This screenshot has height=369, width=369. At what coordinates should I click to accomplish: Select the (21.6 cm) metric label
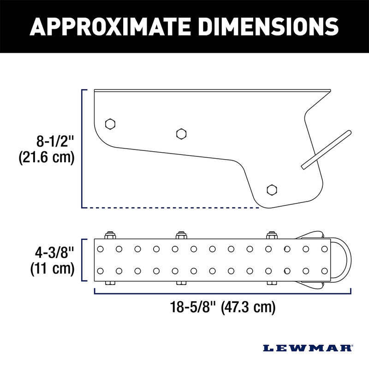(x=46, y=158)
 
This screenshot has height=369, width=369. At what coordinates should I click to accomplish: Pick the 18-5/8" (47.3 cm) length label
(x=222, y=306)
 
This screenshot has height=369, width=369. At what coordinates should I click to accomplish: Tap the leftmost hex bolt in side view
(x=110, y=124)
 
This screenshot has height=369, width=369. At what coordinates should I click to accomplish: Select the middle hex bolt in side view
(x=181, y=134)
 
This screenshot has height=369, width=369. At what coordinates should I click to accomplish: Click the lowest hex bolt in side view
(x=272, y=189)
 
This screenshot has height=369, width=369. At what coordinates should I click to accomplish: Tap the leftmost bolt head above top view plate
(x=110, y=235)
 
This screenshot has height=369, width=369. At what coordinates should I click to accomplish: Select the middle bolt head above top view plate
(x=181, y=235)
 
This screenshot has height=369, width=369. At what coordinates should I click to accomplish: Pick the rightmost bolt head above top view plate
(x=271, y=235)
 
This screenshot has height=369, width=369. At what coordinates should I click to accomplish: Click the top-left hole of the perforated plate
(x=101, y=249)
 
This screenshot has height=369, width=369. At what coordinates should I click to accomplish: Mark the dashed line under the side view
(x=171, y=208)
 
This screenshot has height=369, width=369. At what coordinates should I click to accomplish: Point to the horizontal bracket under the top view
(x=222, y=292)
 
